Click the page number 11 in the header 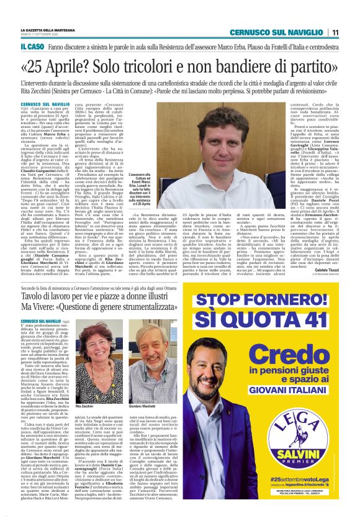click(x=335, y=32)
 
